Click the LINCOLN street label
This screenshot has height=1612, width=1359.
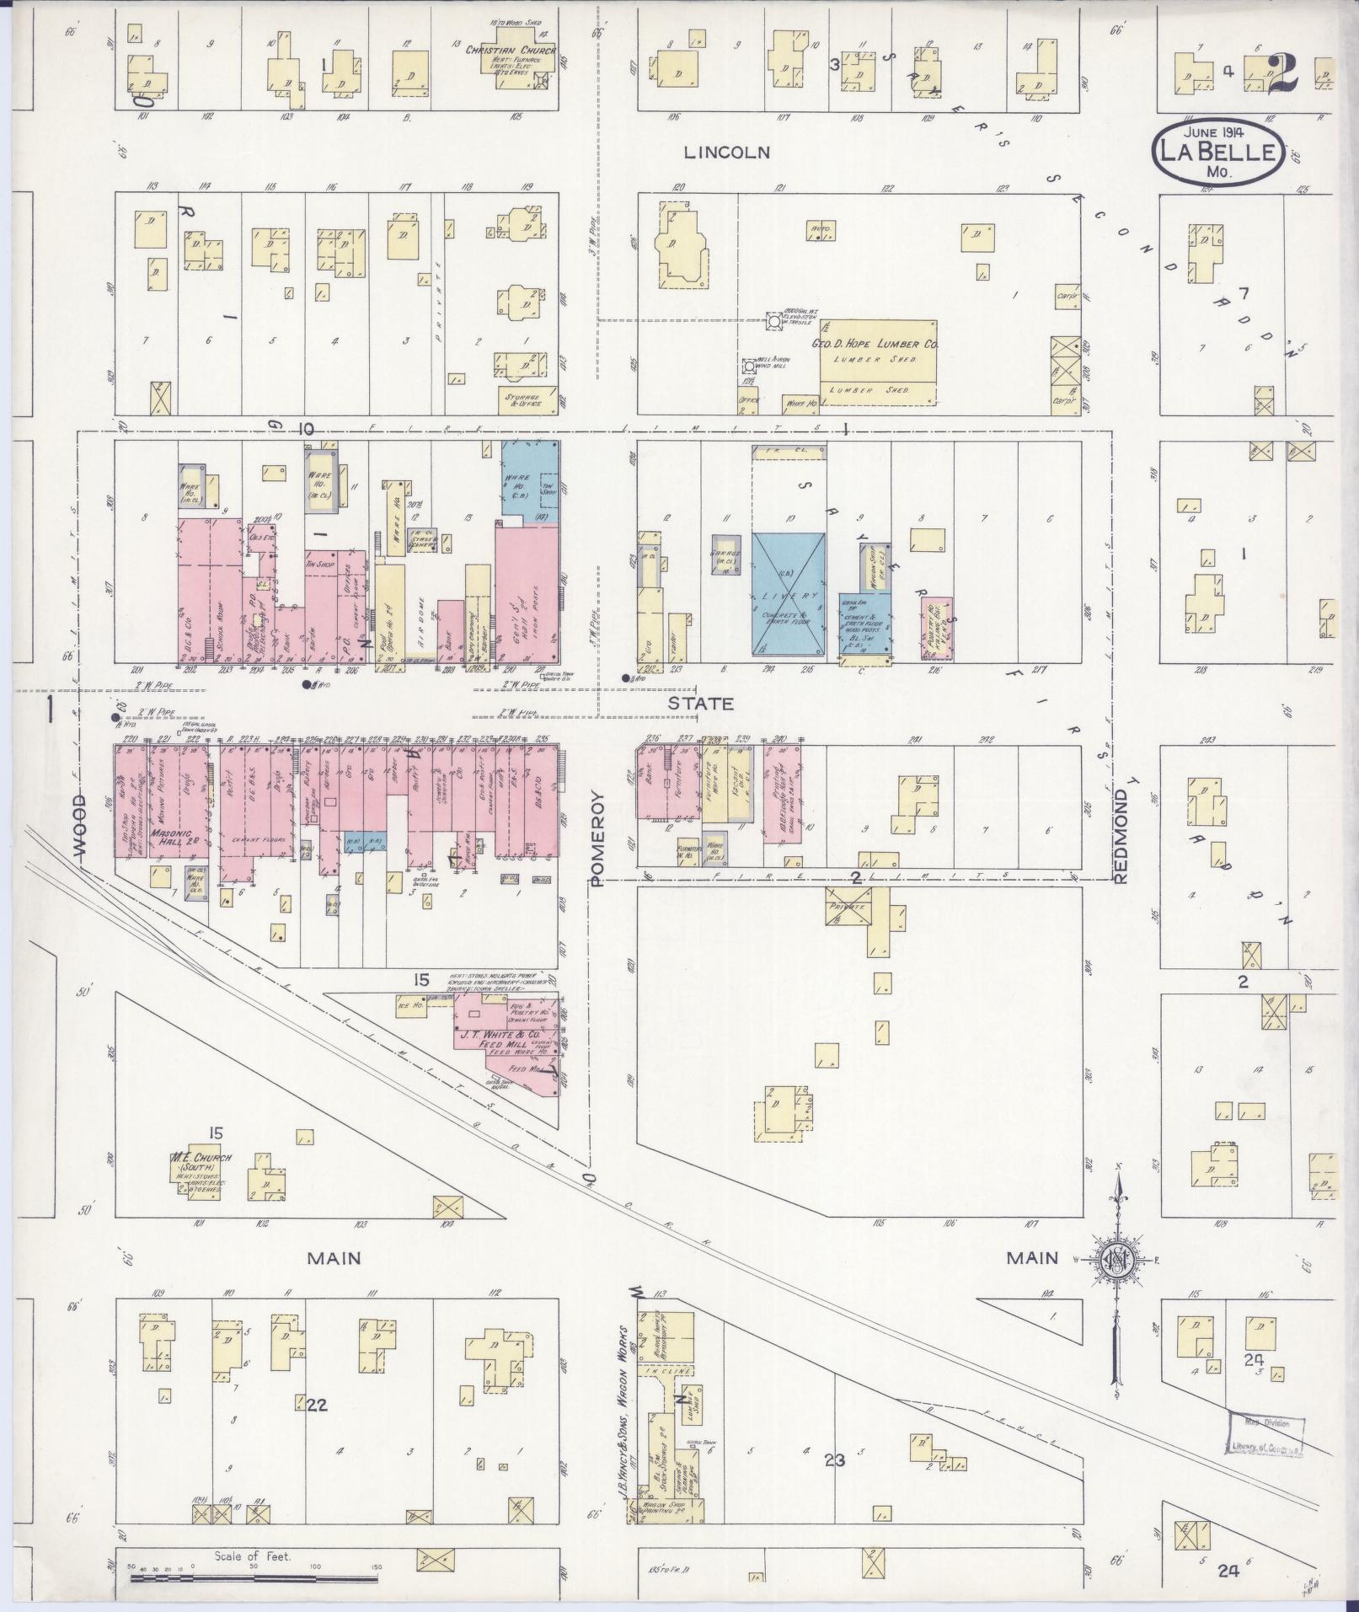(726, 153)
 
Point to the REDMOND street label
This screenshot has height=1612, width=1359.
(1121, 836)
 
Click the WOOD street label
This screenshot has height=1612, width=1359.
(79, 827)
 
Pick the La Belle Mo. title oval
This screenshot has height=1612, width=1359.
(1217, 150)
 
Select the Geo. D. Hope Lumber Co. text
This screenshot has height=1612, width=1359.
(875, 345)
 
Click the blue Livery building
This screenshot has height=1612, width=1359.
(787, 594)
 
